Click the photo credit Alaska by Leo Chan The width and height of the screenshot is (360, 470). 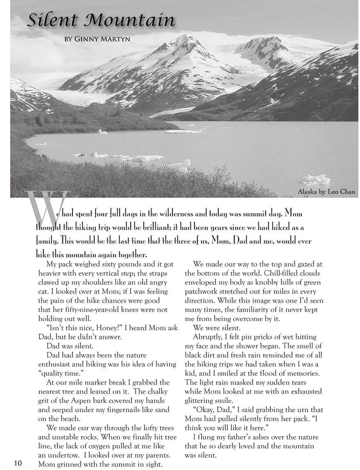tap(326, 191)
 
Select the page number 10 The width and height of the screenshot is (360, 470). tap(17, 463)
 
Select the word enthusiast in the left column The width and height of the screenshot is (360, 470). tap(57, 364)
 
